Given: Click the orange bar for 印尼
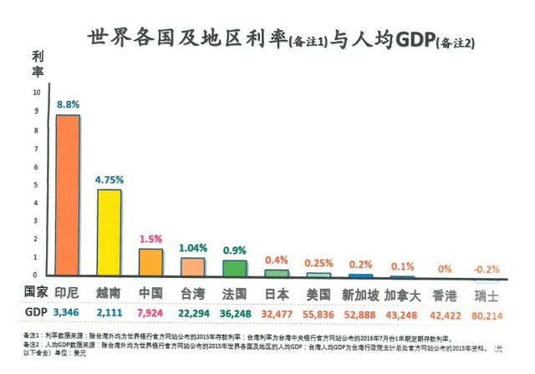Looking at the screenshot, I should point(68,195).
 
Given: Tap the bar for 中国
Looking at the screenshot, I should point(150,262).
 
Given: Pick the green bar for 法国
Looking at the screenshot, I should point(234,268).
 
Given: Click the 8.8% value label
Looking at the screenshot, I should point(68,104).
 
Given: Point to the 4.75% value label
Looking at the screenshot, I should point(110,179).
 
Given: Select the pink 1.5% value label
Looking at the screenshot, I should point(151,238).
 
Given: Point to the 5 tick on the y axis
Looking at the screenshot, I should point(36,184).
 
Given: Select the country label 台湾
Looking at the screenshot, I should point(192,294).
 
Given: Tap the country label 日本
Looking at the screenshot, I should point(277,294).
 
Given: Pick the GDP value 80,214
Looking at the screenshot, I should point(487,314).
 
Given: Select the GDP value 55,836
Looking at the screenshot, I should point(318,314).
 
